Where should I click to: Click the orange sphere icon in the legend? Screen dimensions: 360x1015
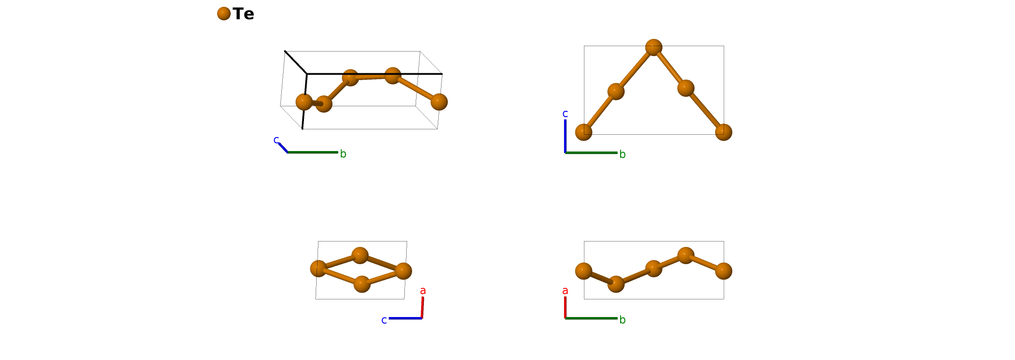click(x=224, y=14)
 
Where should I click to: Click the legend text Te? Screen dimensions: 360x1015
click(x=243, y=14)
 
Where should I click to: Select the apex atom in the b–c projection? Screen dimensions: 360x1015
click(x=654, y=47)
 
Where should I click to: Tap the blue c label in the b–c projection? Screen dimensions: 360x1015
click(x=565, y=114)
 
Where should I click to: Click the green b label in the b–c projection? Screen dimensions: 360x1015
click(x=622, y=155)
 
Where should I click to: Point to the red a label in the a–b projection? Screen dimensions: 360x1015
click(x=565, y=291)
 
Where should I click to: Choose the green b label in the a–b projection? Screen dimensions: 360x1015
click(x=622, y=320)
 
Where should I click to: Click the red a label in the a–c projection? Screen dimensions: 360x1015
click(x=423, y=291)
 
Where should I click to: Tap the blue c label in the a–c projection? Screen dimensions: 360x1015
click(x=384, y=320)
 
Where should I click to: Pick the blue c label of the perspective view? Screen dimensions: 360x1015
click(x=276, y=140)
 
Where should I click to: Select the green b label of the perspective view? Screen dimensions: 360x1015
click(x=343, y=154)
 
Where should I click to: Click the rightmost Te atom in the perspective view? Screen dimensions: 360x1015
click(x=439, y=102)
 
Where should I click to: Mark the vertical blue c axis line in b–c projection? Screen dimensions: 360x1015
click(x=565, y=136)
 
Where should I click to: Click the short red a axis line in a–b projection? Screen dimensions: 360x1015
click(x=565, y=307)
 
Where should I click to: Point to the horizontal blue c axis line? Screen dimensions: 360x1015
click(x=405, y=318)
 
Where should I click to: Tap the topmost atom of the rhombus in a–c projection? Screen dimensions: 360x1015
click(x=360, y=256)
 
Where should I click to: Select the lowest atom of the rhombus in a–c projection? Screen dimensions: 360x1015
click(x=362, y=284)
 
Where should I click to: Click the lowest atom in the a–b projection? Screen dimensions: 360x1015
click(x=616, y=284)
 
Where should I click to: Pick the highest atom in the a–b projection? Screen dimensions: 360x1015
click(x=686, y=256)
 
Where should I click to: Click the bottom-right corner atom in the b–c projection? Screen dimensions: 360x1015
click(x=723, y=132)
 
